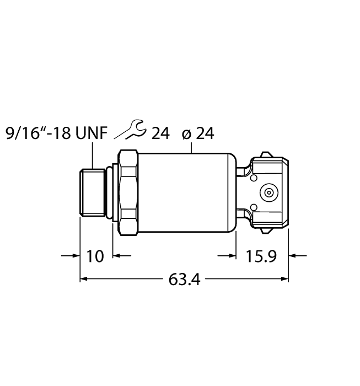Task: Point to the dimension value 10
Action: click(x=95, y=256)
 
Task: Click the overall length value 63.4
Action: click(x=185, y=280)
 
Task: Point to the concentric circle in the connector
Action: click(x=269, y=193)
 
